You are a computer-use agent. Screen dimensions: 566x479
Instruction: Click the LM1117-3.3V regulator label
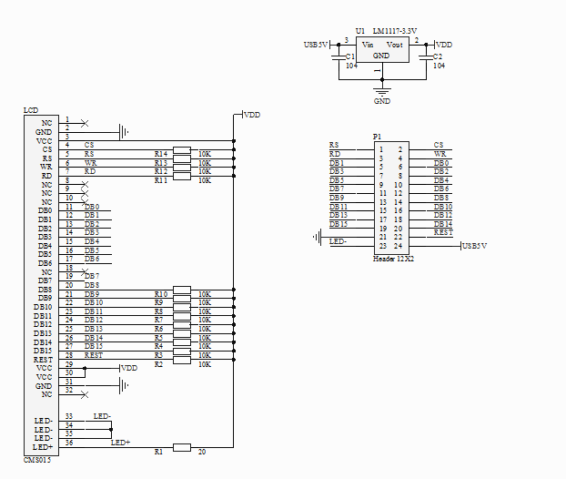click(395, 31)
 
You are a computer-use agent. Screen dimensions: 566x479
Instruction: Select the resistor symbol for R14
click(182, 150)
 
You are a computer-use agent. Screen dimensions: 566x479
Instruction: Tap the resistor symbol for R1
click(182, 447)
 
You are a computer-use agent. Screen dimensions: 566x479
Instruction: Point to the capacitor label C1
click(350, 56)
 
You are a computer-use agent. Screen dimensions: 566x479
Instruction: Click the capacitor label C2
click(438, 56)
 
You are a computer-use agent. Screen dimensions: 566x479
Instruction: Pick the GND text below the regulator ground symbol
click(382, 101)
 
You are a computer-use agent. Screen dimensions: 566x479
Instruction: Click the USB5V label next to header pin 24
click(475, 246)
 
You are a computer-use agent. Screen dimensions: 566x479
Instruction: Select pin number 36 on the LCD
click(69, 443)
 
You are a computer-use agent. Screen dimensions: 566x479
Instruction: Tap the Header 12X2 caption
click(393, 259)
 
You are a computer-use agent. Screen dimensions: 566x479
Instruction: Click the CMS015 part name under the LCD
click(37, 460)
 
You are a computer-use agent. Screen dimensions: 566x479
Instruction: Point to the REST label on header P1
click(443, 232)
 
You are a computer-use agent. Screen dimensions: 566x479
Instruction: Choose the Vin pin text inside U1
click(368, 45)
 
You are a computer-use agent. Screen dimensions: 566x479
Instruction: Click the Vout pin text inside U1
click(395, 45)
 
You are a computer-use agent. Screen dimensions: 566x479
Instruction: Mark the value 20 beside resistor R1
click(202, 452)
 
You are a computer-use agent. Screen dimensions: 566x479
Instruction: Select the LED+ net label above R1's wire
click(120, 443)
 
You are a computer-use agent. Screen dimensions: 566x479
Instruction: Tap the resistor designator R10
click(161, 294)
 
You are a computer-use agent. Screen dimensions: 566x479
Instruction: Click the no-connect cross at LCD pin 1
click(85, 124)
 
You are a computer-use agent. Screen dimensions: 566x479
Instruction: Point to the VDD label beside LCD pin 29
click(129, 368)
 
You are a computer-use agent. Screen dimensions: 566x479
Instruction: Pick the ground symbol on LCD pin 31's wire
click(124, 385)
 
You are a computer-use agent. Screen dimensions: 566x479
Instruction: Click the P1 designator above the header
click(377, 137)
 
